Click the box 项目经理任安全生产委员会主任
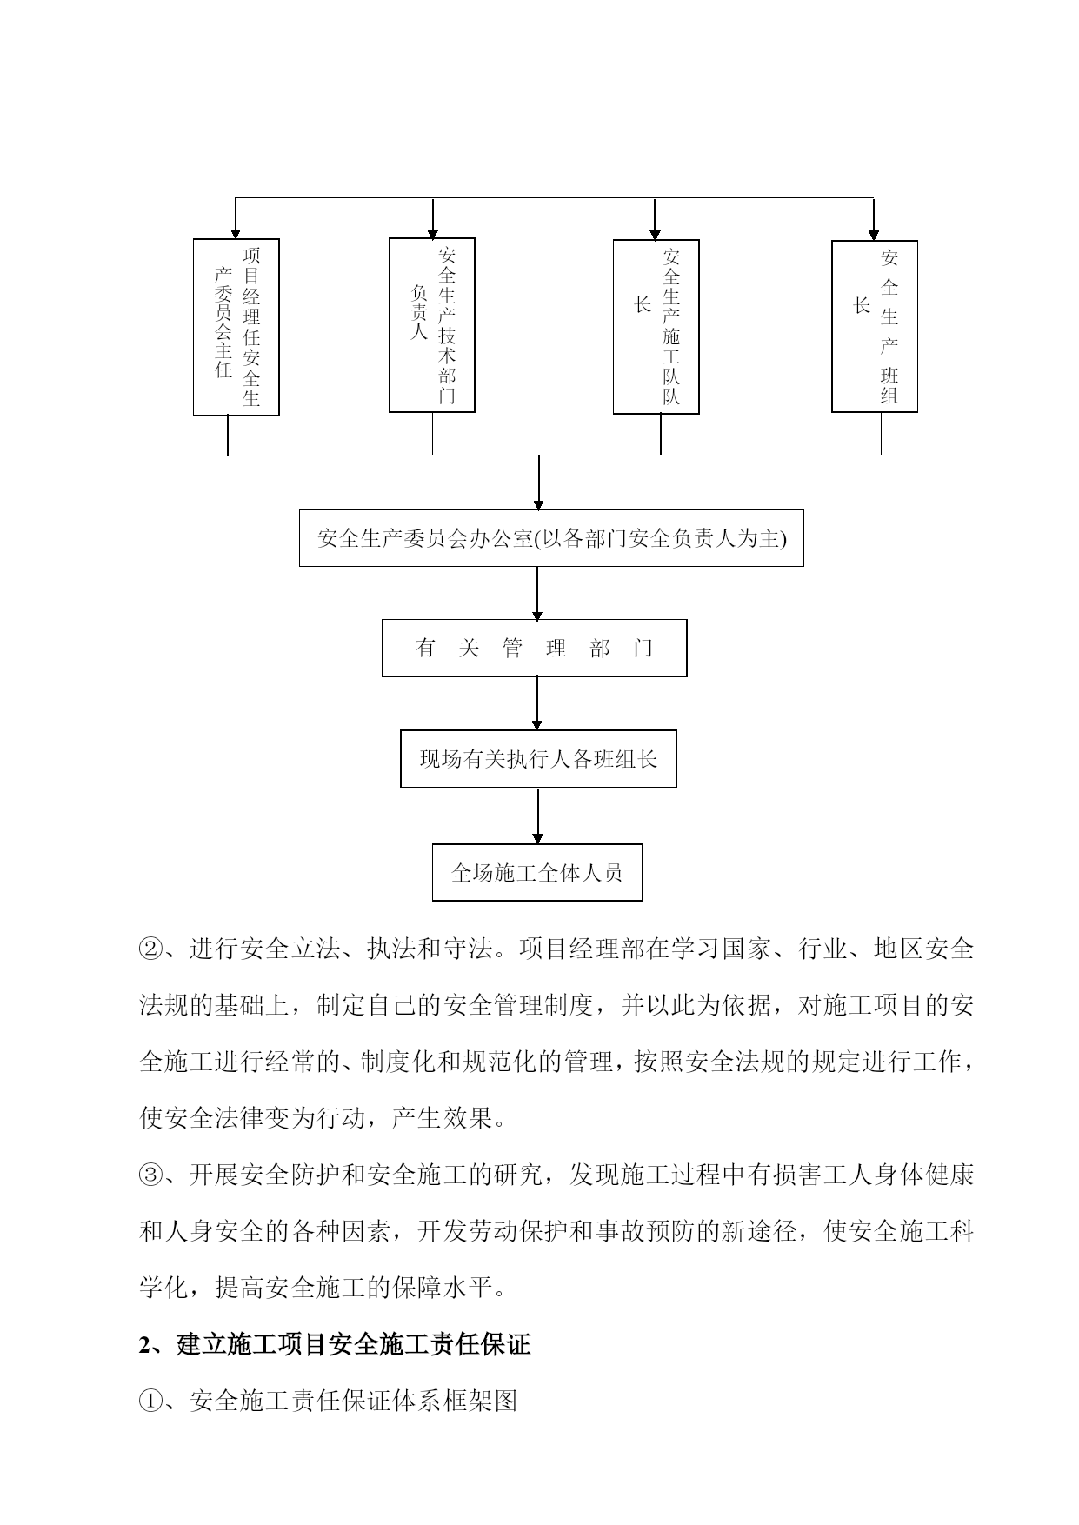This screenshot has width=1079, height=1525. [236, 327]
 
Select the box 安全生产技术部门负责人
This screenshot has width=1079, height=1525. [431, 325]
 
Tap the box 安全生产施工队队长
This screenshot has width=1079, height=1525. [656, 327]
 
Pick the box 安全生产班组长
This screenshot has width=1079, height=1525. [875, 326]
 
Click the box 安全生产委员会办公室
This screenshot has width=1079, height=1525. [551, 538]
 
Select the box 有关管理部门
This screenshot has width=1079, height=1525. [535, 648]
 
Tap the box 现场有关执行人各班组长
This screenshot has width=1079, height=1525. [538, 759]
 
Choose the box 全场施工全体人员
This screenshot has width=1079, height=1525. [537, 872]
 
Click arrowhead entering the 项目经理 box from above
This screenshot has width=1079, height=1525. [236, 234]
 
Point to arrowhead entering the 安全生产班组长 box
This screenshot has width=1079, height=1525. [874, 235]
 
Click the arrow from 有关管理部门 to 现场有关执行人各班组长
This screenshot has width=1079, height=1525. [536, 703]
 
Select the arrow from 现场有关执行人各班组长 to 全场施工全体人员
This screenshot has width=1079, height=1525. [538, 816]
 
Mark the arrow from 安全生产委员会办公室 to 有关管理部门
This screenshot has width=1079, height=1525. [537, 593]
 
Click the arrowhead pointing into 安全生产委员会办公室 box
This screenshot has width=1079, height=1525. [539, 504]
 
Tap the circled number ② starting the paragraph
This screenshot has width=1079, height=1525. [150, 949]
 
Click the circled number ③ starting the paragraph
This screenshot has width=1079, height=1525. [150, 1175]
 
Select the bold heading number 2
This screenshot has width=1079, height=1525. [145, 1345]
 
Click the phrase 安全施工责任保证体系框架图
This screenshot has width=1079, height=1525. [354, 1401]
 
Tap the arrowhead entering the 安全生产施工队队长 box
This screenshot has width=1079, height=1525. [655, 234]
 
